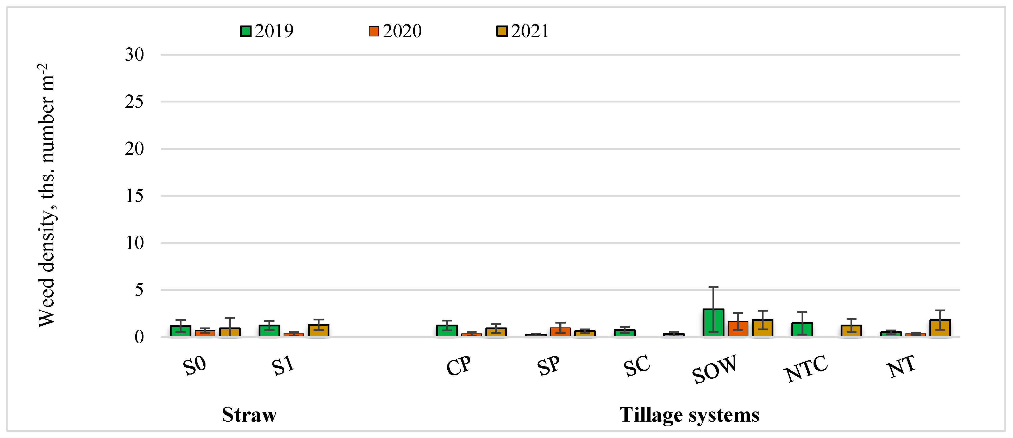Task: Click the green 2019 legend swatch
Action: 245,31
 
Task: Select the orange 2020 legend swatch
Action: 374,31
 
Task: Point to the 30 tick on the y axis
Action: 134,55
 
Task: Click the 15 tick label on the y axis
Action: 134,196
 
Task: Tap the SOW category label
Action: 714,369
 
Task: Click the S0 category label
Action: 194,366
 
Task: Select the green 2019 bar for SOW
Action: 713,323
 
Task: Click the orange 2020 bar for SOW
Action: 738,329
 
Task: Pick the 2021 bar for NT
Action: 940,328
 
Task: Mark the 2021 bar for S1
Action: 318,331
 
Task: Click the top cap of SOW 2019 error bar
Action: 713,287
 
